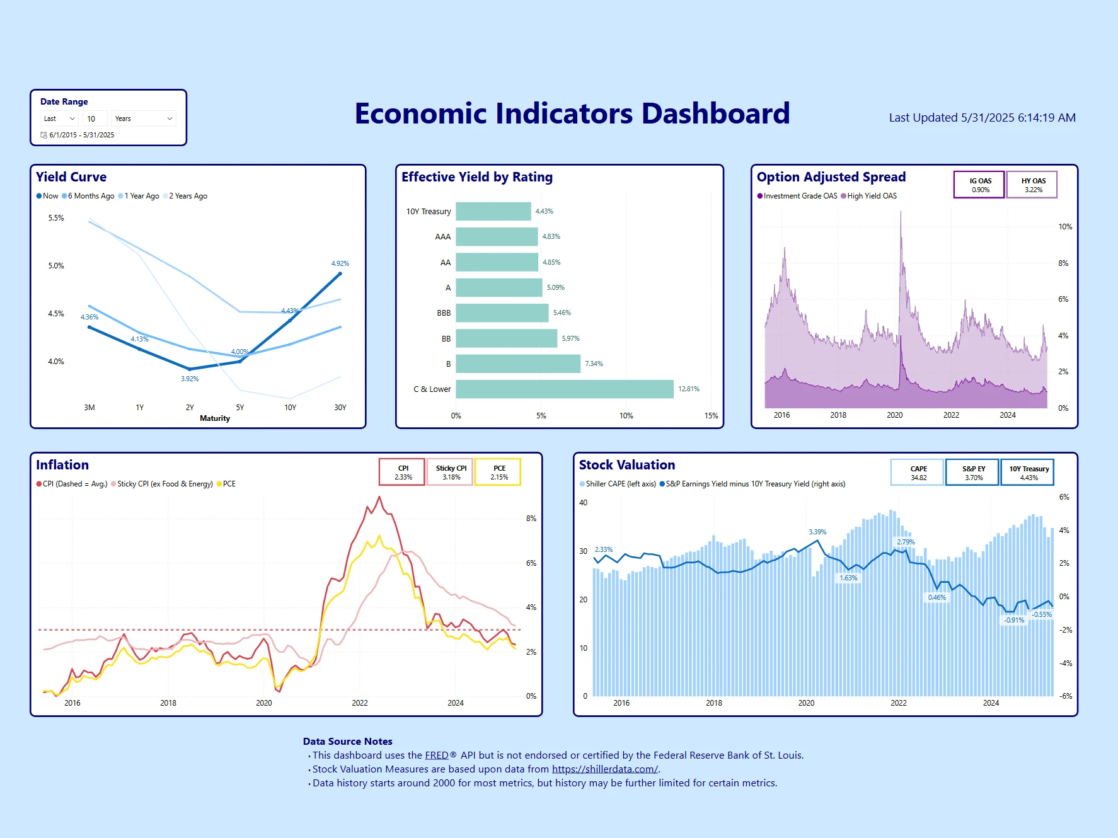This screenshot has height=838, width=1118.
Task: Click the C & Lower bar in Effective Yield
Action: pos(564,389)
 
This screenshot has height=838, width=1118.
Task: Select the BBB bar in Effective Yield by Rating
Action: pos(502,313)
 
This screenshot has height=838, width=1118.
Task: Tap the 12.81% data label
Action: pos(688,389)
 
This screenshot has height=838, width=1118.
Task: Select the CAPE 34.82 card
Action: pos(918,473)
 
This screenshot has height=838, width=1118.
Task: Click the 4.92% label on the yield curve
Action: pos(340,263)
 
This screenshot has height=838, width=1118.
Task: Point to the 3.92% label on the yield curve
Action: pos(190,379)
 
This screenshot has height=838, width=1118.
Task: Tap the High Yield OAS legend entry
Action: pos(871,196)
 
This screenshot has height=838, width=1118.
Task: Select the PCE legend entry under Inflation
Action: pos(228,484)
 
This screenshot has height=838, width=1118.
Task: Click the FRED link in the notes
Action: pos(436,755)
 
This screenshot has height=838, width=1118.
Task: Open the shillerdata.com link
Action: pos(604,769)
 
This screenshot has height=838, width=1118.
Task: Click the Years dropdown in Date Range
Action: pos(144,118)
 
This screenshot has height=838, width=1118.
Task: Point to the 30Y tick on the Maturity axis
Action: pos(340,408)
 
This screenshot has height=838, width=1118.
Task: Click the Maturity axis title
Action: pos(215,418)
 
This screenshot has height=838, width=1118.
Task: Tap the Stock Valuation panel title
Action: pos(626,465)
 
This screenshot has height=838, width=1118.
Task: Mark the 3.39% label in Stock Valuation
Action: pos(817,532)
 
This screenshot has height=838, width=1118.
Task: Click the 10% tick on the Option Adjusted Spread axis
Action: pos(1064,227)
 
